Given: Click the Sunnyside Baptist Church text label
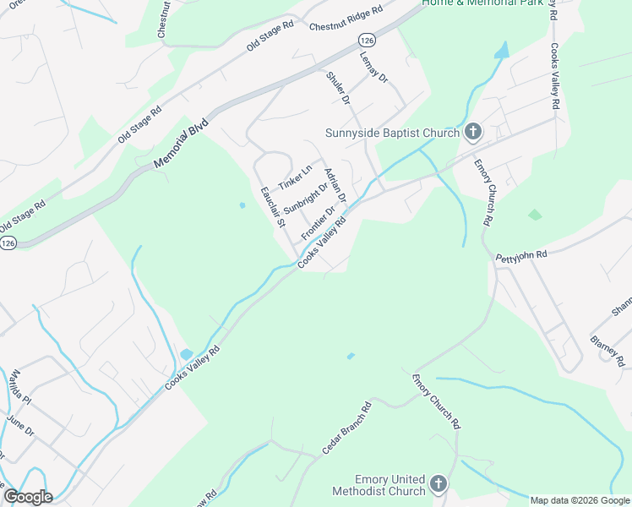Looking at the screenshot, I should pyautogui.click(x=393, y=132).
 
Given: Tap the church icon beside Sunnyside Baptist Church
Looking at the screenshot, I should pyautogui.click(x=472, y=131).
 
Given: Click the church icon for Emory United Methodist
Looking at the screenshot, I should pyautogui.click(x=438, y=484).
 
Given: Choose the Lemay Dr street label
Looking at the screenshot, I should pyautogui.click(x=373, y=65).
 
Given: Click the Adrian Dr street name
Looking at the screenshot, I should pyautogui.click(x=335, y=184).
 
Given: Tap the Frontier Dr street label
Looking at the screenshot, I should pyautogui.click(x=319, y=221).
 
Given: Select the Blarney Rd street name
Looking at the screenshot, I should pyautogui.click(x=608, y=349).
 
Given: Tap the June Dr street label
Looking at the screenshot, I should pyautogui.click(x=20, y=423).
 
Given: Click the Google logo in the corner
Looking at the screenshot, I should pyautogui.click(x=27, y=496).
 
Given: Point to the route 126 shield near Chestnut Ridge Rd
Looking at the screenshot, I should pyautogui.click(x=366, y=40).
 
